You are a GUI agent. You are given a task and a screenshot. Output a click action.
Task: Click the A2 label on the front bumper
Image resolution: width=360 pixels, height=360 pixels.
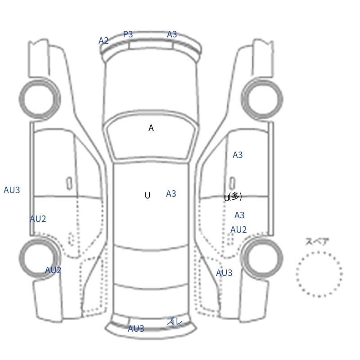click(x=103, y=40)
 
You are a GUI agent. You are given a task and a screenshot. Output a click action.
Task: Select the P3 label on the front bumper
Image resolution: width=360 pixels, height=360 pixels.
click(x=128, y=34)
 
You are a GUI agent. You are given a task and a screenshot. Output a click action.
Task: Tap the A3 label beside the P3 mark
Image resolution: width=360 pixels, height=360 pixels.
click(x=172, y=35)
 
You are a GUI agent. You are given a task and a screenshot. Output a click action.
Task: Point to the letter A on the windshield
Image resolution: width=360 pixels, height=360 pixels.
click(x=151, y=128)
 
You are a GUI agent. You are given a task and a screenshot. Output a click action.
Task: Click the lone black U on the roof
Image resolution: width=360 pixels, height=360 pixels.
click(x=148, y=195)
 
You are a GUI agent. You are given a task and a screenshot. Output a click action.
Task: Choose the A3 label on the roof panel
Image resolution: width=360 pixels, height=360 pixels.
click(x=171, y=193)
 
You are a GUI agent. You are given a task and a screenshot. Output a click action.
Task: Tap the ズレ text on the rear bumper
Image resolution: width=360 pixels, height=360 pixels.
click(x=175, y=321)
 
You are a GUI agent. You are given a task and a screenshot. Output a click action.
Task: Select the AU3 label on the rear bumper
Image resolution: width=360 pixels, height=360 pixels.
click(x=136, y=328)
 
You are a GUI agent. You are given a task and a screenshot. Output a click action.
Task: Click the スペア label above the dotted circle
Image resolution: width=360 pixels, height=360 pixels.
click(x=314, y=242)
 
